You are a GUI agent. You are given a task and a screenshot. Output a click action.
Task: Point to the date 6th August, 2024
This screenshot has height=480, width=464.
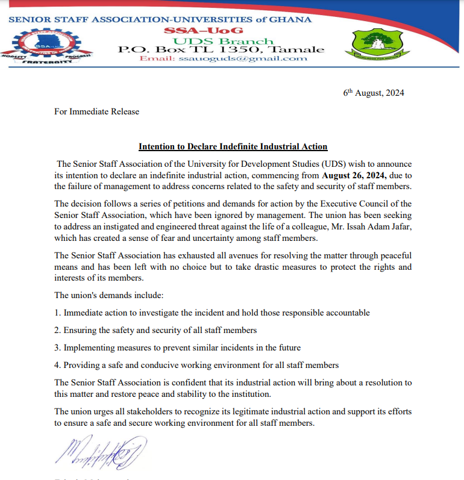click(374, 93)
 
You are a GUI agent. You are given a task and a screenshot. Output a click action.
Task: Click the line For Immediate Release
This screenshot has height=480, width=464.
click(96, 111)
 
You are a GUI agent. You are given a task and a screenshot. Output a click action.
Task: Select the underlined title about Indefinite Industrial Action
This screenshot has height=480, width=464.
click(233, 146)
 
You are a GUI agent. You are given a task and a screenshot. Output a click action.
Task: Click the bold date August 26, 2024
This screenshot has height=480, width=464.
click(353, 176)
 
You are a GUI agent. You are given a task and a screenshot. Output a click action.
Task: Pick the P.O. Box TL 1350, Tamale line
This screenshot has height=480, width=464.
click(221, 50)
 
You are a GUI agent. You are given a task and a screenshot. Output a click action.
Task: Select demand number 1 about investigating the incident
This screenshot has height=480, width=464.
click(212, 313)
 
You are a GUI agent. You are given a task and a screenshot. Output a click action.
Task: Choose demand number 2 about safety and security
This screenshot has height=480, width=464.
click(155, 331)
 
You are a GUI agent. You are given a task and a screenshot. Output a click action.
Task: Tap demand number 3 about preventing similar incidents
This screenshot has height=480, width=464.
click(177, 348)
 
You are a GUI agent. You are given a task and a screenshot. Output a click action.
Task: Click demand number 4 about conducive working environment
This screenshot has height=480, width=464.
click(196, 365)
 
